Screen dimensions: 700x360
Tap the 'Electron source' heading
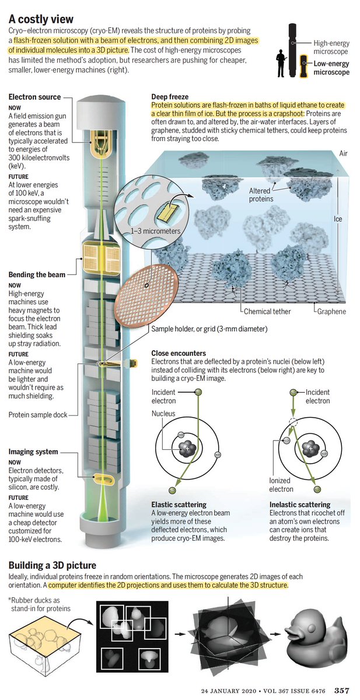click(34, 97)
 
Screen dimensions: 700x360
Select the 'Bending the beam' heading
click(37, 274)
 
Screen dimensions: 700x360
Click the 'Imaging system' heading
click(33, 452)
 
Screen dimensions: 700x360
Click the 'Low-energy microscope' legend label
click(331, 68)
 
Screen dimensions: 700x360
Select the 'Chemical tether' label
click(267, 311)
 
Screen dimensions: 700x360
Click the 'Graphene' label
click(331, 311)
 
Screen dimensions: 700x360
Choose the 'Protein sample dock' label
click(37, 415)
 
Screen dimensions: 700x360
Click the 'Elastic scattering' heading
click(179, 504)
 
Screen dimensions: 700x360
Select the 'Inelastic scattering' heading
click(300, 504)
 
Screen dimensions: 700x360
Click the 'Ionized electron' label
click(282, 485)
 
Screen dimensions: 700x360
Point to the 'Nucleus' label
click(163, 414)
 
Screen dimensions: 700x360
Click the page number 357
click(342, 691)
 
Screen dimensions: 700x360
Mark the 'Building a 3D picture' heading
click(53, 565)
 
